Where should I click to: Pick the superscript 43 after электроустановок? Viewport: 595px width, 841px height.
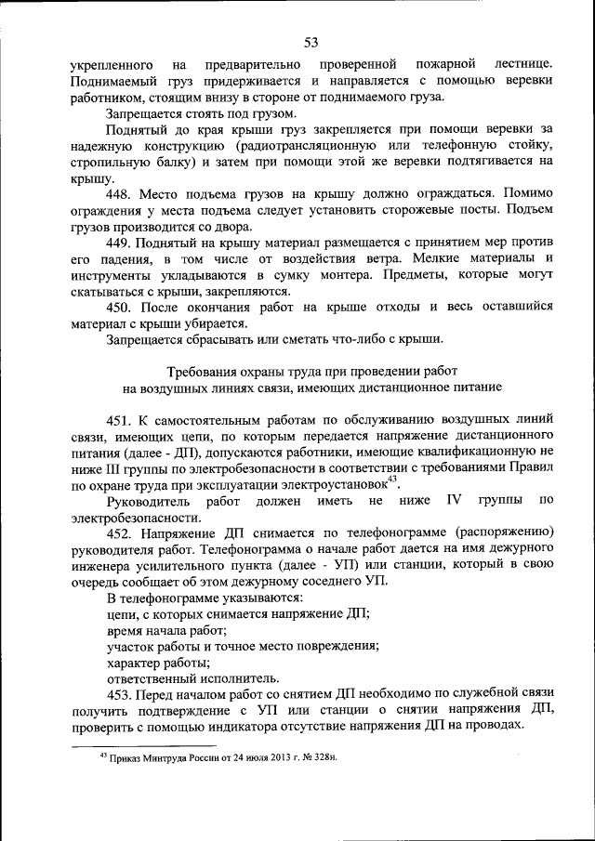pyautogui.click(x=392, y=479)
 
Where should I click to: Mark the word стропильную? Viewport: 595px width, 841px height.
pyautogui.click(x=110, y=162)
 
